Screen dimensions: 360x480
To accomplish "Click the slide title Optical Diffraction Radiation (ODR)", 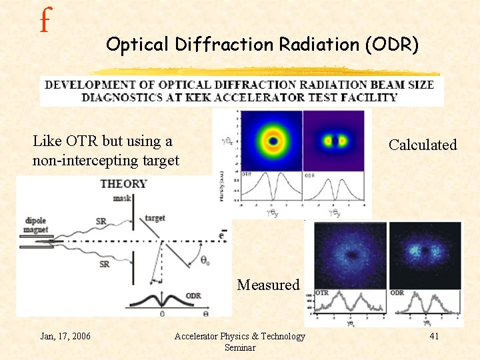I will pyautogui.click(x=262, y=45).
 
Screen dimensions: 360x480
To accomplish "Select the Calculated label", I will pyautogui.click(x=423, y=145).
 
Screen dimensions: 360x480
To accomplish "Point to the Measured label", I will pyautogui.click(x=269, y=285).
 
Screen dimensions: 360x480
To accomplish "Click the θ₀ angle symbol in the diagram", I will pyautogui.click(x=208, y=262).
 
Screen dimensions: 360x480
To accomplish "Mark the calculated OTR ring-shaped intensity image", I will pyautogui.click(x=273, y=141).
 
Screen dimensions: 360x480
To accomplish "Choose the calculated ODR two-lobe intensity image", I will pyautogui.click(x=335, y=141).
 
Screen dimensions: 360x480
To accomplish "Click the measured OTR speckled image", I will pyautogui.click(x=349, y=255).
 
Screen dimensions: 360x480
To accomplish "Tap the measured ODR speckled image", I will pyautogui.click(x=425, y=255).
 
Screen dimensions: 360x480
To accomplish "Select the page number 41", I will pyautogui.click(x=434, y=336).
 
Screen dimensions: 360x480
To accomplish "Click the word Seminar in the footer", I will pyautogui.click(x=239, y=347).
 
